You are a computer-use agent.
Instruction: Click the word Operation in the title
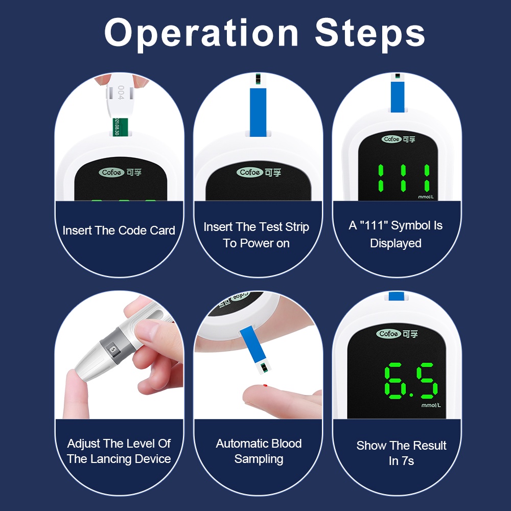(201, 34)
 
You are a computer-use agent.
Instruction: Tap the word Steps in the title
(370, 34)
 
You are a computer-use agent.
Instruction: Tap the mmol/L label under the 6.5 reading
(431, 405)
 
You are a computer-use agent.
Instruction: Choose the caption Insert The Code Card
(119, 230)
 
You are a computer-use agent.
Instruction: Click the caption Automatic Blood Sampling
(259, 451)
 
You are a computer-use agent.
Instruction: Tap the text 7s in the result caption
(408, 461)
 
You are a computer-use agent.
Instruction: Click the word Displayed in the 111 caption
(396, 243)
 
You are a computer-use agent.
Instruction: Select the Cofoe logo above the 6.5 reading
(389, 334)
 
